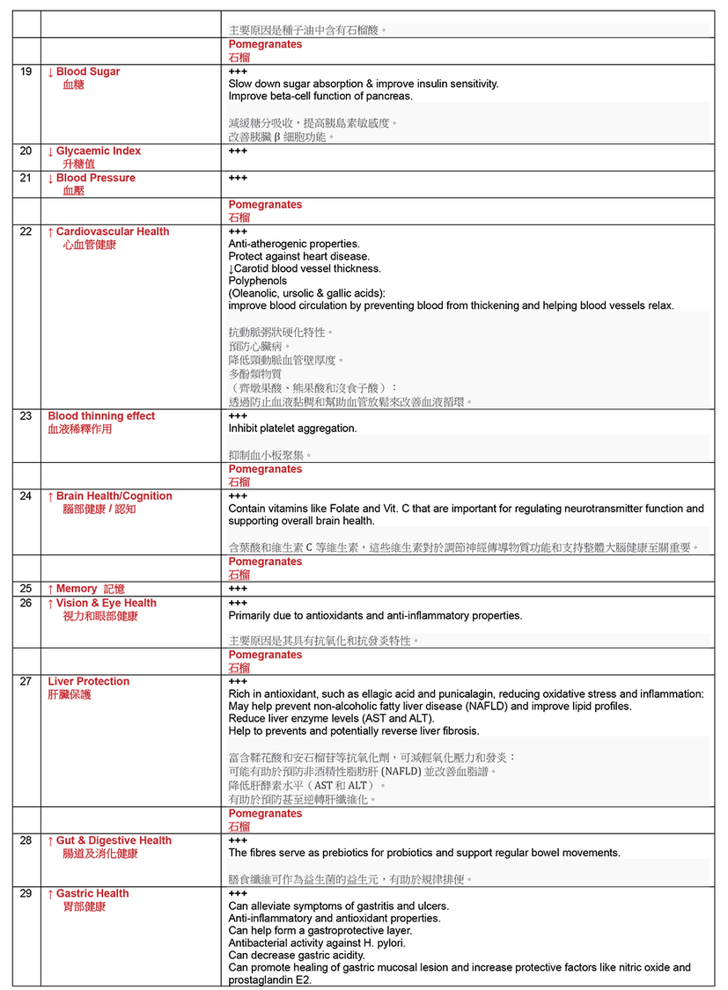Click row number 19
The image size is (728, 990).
(x=26, y=72)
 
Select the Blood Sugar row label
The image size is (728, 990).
(x=87, y=72)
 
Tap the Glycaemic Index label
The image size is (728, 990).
(x=98, y=151)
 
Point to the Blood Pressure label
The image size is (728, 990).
(x=95, y=178)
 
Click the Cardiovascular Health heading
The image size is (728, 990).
(x=112, y=231)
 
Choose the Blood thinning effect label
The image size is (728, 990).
(x=101, y=416)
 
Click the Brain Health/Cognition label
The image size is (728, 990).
(x=114, y=496)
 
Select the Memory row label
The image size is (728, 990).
(x=77, y=589)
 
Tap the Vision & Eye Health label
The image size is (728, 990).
(x=106, y=603)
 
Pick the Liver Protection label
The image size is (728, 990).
(x=88, y=681)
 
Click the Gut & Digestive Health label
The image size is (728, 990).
(x=114, y=840)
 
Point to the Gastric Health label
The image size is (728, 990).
(x=92, y=893)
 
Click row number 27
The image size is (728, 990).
(x=26, y=681)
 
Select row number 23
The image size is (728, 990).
(x=26, y=416)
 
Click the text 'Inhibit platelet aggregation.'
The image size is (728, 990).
(x=292, y=429)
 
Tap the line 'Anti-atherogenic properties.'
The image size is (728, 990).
(x=294, y=244)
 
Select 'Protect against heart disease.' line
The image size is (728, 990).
(x=298, y=256)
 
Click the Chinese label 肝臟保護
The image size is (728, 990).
(x=70, y=695)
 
